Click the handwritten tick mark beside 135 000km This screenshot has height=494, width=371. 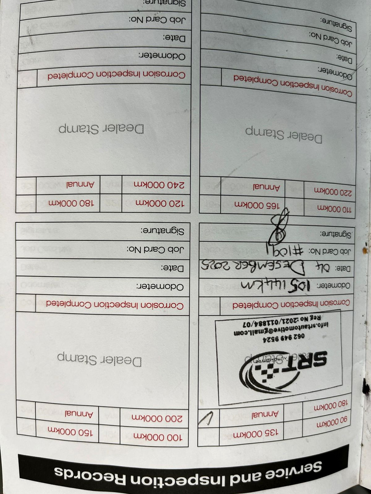tap(207, 418)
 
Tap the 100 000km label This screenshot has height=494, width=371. tap(157, 437)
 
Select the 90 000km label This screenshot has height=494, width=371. tap(332, 424)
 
